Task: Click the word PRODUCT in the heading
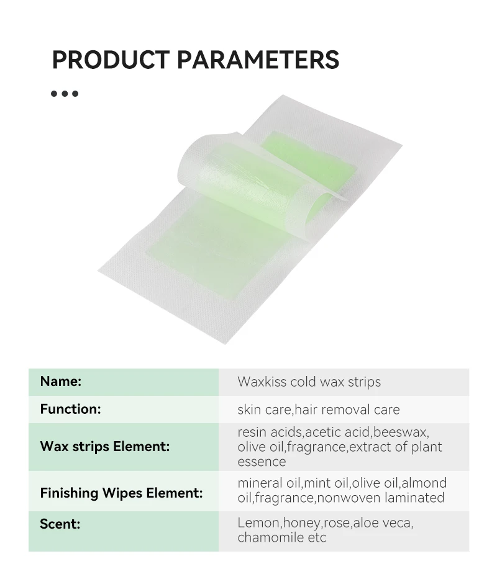tap(110, 60)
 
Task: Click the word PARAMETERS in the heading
tap(258, 60)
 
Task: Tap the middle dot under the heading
tap(65, 94)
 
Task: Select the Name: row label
tap(60, 381)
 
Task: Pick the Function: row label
tap(70, 409)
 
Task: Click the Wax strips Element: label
tap(104, 446)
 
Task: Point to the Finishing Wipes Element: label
tap(121, 493)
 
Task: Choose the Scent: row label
tap(60, 523)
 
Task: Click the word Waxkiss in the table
tap(262, 382)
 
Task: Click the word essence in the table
tap(261, 462)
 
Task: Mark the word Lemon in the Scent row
tap(255, 522)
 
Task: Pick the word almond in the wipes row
tap(425, 483)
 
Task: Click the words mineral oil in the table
tap(268, 483)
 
